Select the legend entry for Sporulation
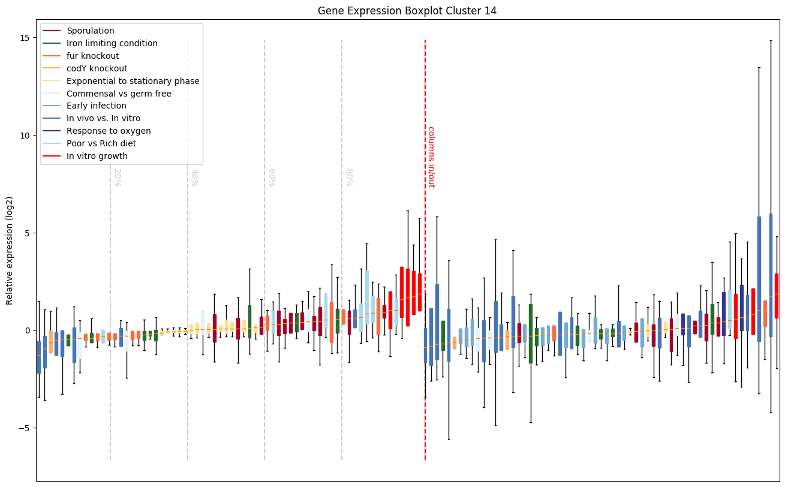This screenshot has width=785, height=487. pos(91,31)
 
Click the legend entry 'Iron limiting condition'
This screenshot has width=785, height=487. pos(112,43)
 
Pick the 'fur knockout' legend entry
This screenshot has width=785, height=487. pos(93,56)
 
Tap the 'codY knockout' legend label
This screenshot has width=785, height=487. pos(97,68)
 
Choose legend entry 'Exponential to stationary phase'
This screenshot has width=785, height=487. pos(133,81)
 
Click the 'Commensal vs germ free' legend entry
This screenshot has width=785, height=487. pos(119,94)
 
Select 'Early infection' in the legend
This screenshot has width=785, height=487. pos(97,106)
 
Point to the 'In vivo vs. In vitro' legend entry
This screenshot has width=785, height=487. pos(104,119)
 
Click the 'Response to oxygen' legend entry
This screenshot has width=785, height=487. pos(109,131)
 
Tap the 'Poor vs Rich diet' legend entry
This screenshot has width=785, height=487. pos(101,143)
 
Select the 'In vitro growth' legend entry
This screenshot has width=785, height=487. pos(97,156)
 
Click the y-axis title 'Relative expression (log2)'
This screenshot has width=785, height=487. pos(10,250)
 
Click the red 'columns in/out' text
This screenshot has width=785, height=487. pos(431,157)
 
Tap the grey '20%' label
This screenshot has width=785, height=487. pos(118,178)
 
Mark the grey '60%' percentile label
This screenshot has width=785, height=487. pos(272,178)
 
